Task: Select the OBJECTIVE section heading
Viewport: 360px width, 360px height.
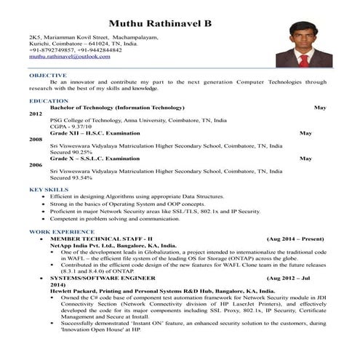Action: (x=48, y=75)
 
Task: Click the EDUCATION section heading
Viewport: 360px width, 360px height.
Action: (x=49, y=100)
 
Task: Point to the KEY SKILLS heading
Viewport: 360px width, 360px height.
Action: (x=49, y=190)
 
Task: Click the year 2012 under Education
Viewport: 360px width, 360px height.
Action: (x=36, y=114)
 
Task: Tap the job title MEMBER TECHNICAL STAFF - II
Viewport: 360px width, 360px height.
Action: (x=101, y=239)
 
